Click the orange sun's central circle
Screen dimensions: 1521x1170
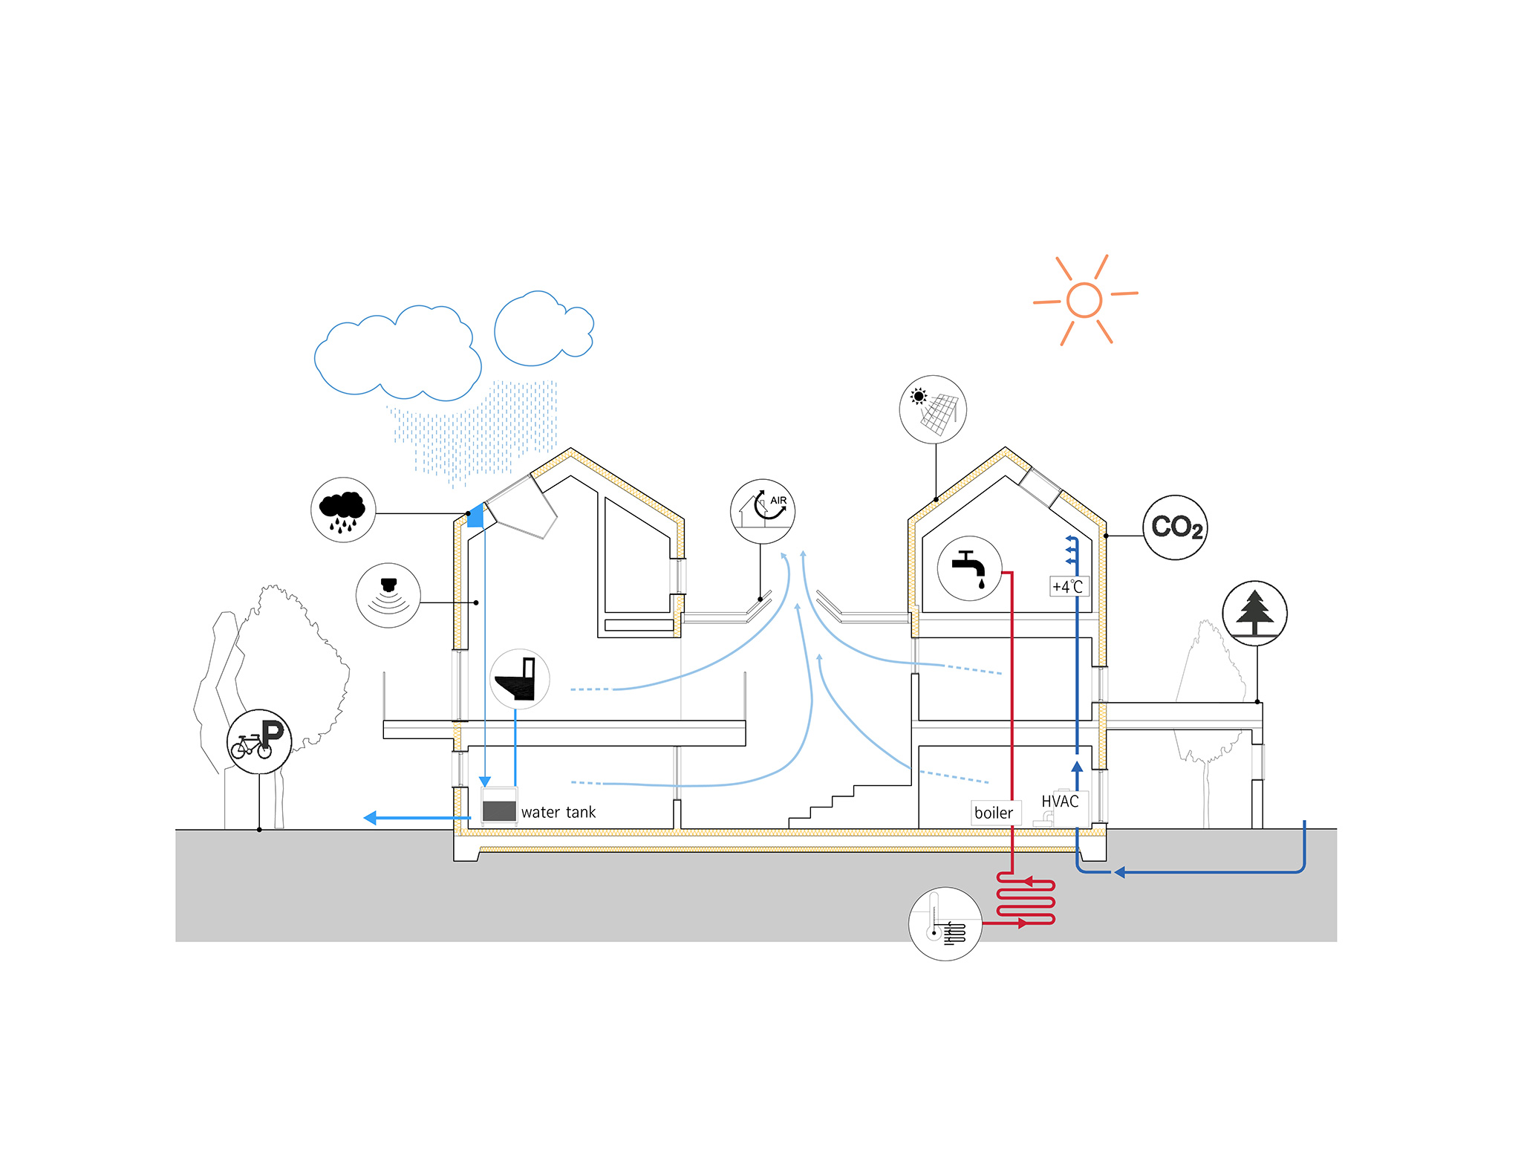coord(1084,300)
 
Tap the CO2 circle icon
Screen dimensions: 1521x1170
coord(1175,527)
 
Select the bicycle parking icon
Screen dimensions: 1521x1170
coord(259,741)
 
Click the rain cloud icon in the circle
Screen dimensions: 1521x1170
coord(343,510)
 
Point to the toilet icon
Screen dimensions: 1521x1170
coord(520,679)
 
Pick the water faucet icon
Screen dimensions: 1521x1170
coord(970,568)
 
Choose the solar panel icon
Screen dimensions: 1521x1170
coord(933,409)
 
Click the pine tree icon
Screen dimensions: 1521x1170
coord(1255,614)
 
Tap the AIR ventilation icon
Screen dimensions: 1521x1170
coord(763,511)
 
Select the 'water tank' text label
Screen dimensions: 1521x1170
coord(558,813)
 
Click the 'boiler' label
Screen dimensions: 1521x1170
coord(994,813)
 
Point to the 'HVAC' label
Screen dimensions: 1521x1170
coord(1060,802)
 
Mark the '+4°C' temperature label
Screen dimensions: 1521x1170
coord(1068,586)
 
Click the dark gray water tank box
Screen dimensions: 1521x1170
coord(499,810)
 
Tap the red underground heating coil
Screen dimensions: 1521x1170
coord(1026,900)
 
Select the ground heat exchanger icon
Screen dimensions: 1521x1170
coord(945,923)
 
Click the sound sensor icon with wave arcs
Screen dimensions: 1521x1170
coord(388,595)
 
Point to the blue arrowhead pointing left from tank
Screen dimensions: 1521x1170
coord(371,818)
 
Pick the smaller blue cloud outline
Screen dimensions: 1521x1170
coord(544,328)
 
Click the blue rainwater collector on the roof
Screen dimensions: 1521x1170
coord(476,516)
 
